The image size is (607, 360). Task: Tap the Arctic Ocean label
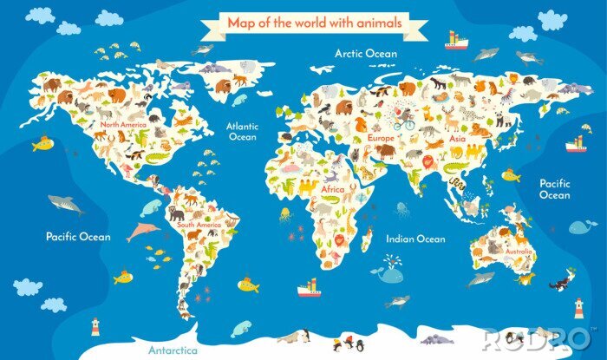click(x=366, y=54)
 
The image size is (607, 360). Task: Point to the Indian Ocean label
click(x=416, y=239)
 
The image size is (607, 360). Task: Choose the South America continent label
click(x=199, y=225)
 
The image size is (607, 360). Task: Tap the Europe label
click(x=381, y=138)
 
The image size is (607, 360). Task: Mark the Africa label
click(x=333, y=188)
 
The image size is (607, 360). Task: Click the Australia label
click(x=519, y=252)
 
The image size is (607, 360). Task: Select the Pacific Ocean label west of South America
click(x=75, y=235)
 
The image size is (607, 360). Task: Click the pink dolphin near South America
click(x=142, y=232)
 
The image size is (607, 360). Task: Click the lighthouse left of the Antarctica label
click(x=95, y=326)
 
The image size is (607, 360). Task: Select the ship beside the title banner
click(x=456, y=40)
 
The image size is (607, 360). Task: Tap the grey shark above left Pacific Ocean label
click(x=65, y=205)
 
